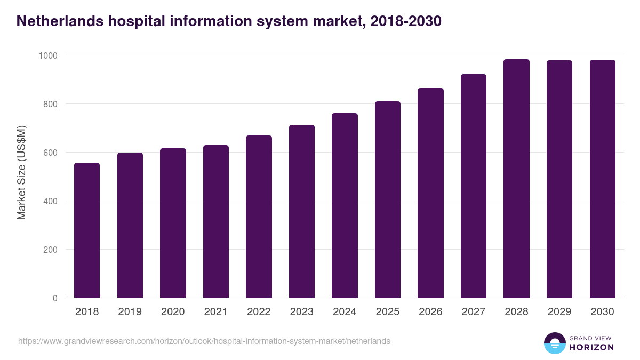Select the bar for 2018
87,230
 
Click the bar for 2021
216,221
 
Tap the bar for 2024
345,205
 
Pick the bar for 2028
516,179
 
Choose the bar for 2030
602,179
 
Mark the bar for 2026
430,193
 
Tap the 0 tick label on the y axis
55,298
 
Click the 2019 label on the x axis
130,312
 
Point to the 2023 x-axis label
302,312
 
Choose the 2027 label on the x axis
474,312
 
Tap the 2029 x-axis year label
559,312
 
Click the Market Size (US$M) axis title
21,172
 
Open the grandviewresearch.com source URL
204,341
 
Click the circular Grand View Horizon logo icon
554,343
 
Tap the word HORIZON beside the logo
591,347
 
